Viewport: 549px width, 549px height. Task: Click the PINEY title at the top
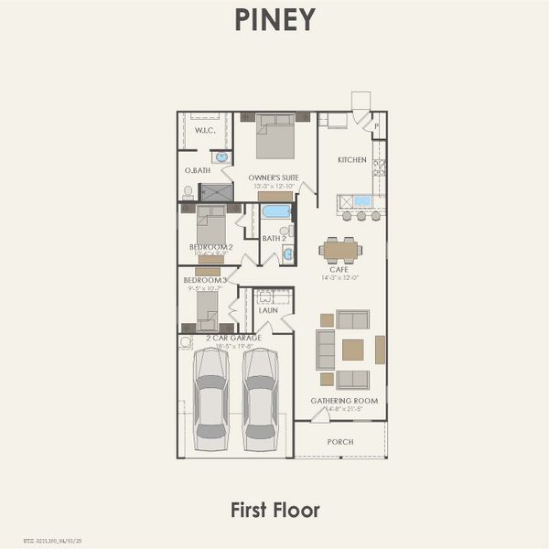[x=274, y=20]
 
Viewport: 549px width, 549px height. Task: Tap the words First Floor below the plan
[x=274, y=509]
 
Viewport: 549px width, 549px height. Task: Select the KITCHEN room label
[x=351, y=160]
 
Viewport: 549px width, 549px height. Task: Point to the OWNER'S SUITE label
[x=274, y=178]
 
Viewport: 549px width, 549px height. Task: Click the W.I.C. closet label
[x=204, y=131]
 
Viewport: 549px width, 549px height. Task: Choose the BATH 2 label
[x=273, y=239]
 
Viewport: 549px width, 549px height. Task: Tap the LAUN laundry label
[x=268, y=310]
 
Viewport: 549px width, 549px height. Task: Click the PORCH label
[x=340, y=442]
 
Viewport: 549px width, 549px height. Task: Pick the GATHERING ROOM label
[x=344, y=401]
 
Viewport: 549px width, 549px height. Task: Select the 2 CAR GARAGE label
[x=235, y=339]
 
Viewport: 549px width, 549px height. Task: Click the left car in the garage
[x=211, y=393]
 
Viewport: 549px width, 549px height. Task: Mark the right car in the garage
[x=261, y=393]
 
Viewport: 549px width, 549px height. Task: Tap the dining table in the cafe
[x=340, y=249]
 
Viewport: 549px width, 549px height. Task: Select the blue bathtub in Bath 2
[x=275, y=211]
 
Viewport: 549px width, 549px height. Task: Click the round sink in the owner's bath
[x=221, y=157]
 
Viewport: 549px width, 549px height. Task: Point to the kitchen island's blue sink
[x=362, y=200]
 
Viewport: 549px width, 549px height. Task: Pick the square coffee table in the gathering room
[x=352, y=350]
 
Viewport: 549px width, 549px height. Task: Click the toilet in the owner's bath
[x=188, y=192]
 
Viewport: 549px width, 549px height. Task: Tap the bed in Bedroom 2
[x=211, y=226]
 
